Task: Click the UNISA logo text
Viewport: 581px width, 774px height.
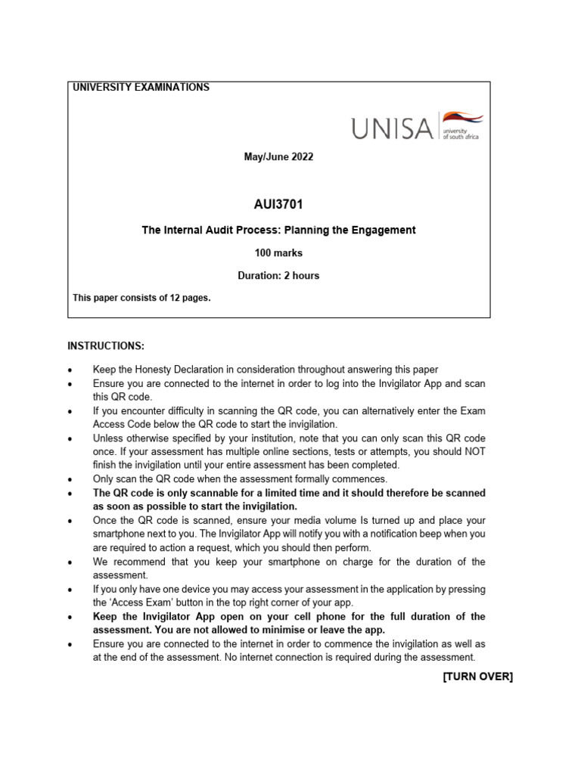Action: tap(392, 128)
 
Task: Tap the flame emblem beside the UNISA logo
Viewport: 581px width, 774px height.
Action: tap(463, 119)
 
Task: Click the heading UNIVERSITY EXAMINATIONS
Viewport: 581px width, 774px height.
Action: tap(141, 88)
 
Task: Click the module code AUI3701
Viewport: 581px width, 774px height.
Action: tap(278, 204)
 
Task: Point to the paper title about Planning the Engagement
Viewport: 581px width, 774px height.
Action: tap(278, 230)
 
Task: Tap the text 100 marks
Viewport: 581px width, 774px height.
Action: tap(278, 252)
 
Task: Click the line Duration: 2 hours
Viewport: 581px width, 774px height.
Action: tap(278, 275)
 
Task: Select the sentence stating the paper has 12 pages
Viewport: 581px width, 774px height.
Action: tap(141, 298)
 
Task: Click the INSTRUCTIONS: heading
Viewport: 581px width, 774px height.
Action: tap(106, 346)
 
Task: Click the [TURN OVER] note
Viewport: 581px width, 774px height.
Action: tap(477, 676)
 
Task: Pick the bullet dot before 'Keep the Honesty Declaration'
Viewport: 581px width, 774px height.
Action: tap(70, 370)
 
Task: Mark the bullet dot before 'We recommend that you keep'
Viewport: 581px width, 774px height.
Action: tap(70, 563)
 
